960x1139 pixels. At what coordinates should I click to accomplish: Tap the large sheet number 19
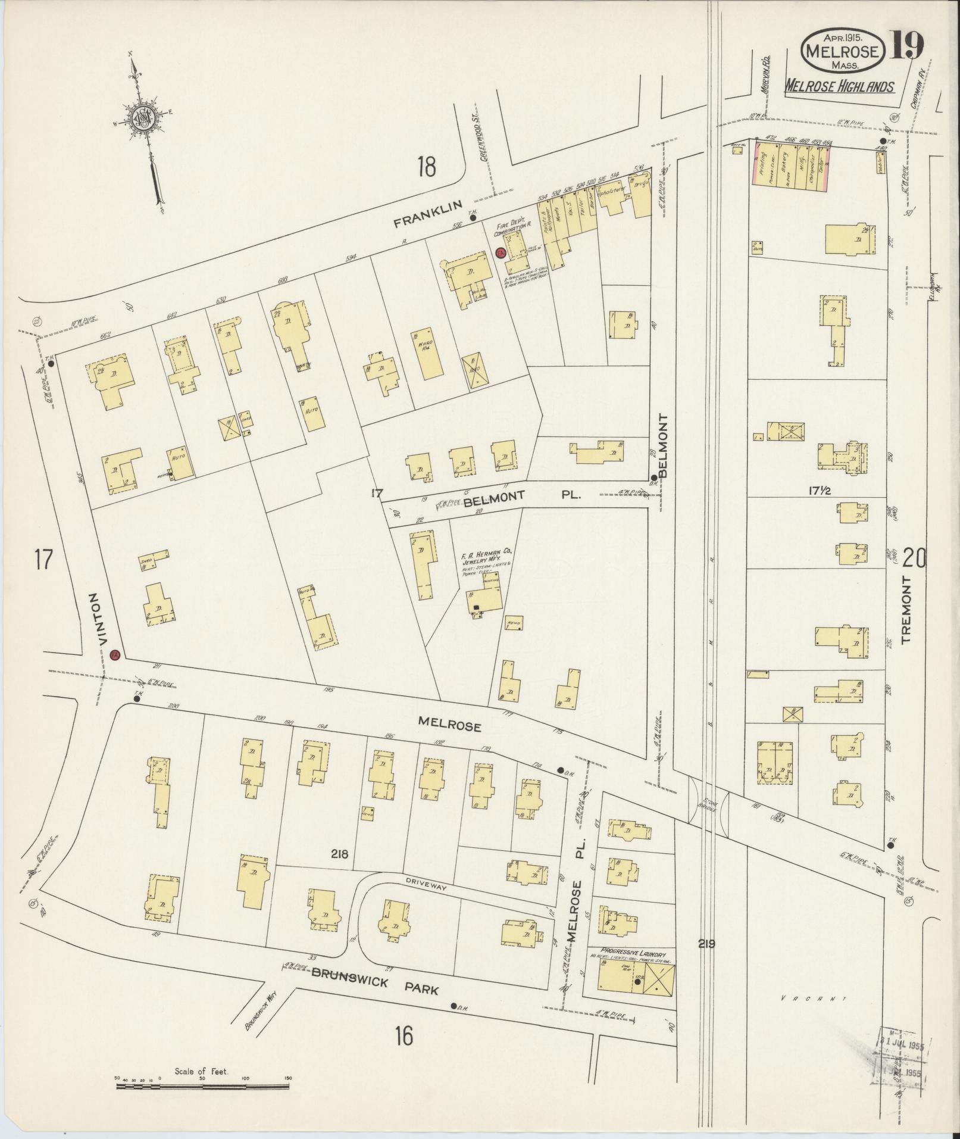[906, 46]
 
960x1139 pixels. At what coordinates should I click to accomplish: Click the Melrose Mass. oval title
[841, 51]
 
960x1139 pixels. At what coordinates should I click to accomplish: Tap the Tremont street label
[906, 610]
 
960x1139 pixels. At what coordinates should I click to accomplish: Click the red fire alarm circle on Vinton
[115, 655]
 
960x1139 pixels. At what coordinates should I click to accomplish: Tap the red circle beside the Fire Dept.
[501, 252]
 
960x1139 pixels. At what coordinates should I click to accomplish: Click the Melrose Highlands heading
[839, 87]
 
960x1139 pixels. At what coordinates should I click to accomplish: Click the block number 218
[340, 855]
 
